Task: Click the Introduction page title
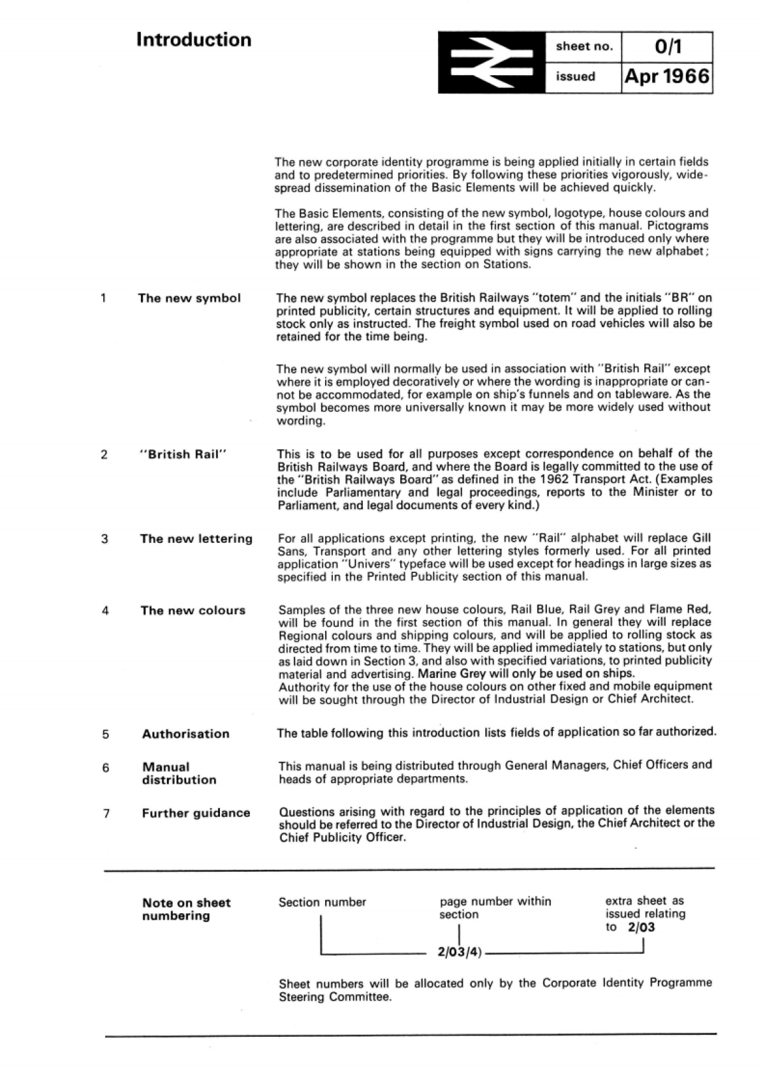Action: (194, 40)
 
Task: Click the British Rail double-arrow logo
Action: (492, 62)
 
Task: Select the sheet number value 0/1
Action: (667, 47)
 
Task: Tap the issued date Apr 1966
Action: (667, 77)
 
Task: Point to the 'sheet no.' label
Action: (584, 47)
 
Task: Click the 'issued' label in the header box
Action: (575, 77)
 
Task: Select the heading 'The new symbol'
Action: (189, 298)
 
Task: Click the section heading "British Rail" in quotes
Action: (183, 454)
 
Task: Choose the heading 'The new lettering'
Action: (196, 539)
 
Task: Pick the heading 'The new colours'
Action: (193, 610)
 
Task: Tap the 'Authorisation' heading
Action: (186, 734)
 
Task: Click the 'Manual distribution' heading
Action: (179, 774)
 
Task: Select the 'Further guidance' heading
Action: (196, 813)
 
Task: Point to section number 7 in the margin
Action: (106, 814)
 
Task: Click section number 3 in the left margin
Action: (105, 539)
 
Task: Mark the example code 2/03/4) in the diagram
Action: (460, 954)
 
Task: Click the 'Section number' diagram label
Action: (322, 902)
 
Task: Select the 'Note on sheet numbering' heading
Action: (186, 909)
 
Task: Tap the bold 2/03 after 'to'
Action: (641, 927)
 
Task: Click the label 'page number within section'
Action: (495, 908)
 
